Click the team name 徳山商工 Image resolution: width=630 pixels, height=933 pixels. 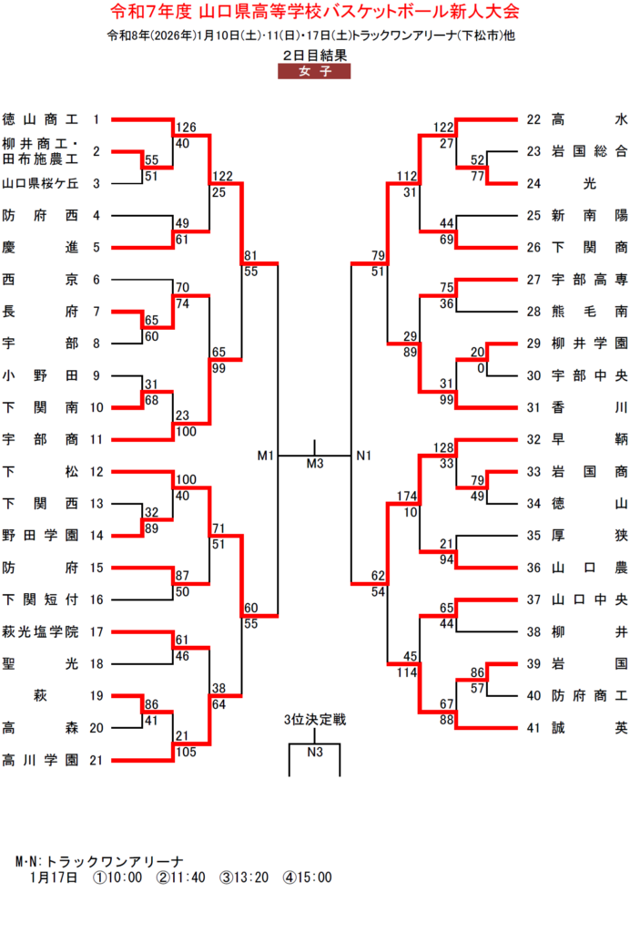pos(40,120)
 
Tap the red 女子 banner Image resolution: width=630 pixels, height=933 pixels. pos(314,72)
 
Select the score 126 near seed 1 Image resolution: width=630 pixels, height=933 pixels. pos(187,128)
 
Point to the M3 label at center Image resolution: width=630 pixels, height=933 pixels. pos(315,465)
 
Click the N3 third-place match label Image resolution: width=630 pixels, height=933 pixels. pos(315,752)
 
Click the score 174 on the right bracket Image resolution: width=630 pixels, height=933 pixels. pos(406,497)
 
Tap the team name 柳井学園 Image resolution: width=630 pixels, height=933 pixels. pos(590,343)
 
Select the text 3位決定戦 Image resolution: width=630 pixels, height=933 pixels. pos(315,720)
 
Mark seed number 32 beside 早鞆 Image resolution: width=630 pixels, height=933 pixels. pos(534,439)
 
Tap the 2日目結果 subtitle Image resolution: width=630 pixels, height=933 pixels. pos(314,56)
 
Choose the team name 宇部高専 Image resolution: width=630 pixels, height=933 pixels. pos(590,280)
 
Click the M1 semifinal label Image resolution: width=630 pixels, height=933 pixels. pos(266,455)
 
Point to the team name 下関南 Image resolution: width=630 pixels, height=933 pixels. pos(40,407)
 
